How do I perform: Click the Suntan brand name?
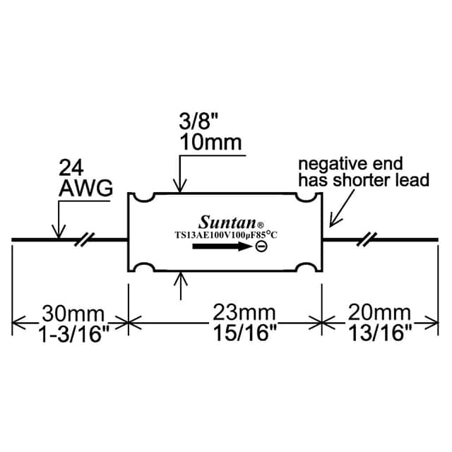click(x=227, y=222)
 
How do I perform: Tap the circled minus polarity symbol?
click(x=261, y=246)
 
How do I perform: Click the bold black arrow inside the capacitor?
click(x=222, y=246)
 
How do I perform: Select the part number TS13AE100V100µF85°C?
click(x=226, y=234)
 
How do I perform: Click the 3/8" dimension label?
click(x=198, y=121)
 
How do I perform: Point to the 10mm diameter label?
click(x=210, y=143)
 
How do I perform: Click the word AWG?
click(x=86, y=189)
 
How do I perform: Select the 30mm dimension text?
click(x=73, y=314)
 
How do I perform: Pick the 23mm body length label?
click(x=244, y=312)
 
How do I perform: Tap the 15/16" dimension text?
click(x=245, y=333)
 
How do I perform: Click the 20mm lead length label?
click(x=379, y=312)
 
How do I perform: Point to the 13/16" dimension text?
click(x=380, y=333)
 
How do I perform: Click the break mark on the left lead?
click(x=85, y=239)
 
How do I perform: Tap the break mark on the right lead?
click(x=367, y=239)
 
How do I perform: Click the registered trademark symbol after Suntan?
click(x=260, y=225)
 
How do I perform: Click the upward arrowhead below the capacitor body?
click(x=181, y=279)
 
